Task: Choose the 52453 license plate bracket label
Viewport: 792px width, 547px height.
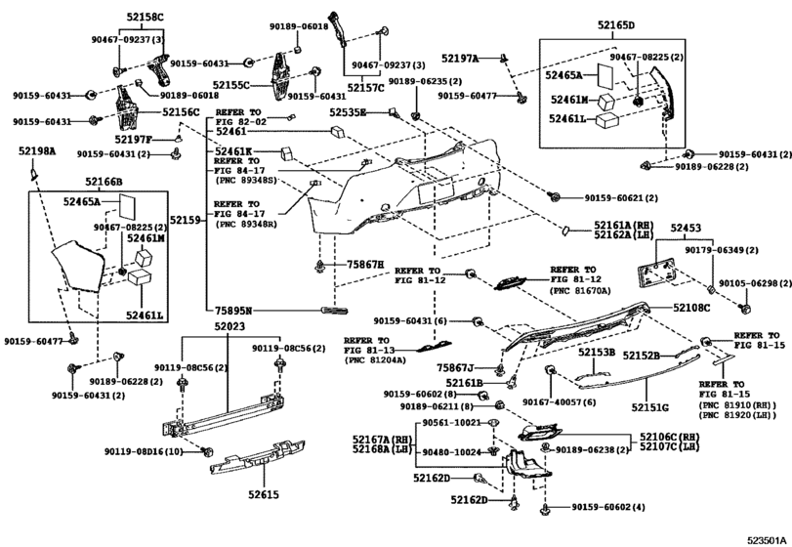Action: (x=686, y=227)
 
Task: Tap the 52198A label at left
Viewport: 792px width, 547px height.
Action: (x=36, y=151)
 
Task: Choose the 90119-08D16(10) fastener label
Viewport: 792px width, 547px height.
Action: (x=146, y=451)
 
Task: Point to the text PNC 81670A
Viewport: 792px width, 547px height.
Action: (x=579, y=290)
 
